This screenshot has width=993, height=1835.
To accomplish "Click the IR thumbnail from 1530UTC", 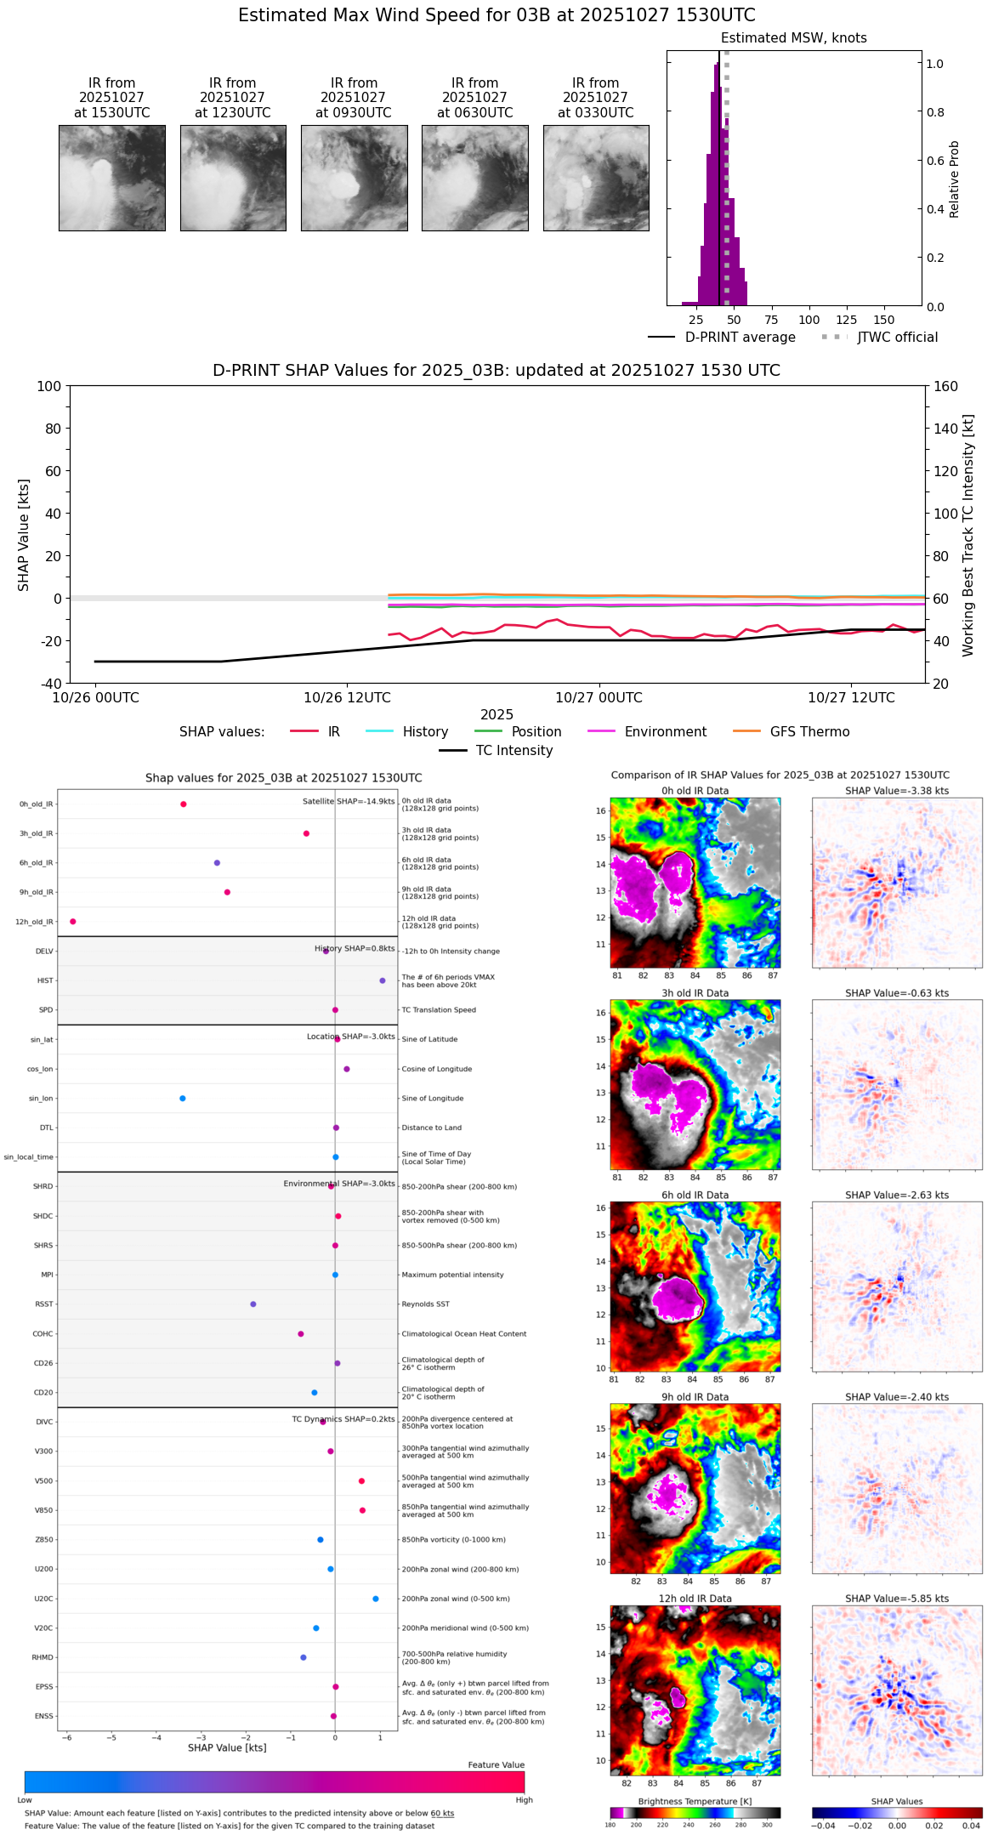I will pyautogui.click(x=112, y=178).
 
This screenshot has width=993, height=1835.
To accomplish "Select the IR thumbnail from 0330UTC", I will pyautogui.click(x=596, y=178).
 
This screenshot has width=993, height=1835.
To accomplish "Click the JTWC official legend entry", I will pyautogui.click(x=897, y=338).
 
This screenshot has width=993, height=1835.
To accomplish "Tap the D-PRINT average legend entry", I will pyautogui.click(x=740, y=338).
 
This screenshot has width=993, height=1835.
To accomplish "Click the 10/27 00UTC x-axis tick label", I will pyautogui.click(x=599, y=698).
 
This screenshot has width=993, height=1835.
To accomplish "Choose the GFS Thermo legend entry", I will pyautogui.click(x=809, y=732).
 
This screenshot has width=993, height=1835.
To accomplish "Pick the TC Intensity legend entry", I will pyautogui.click(x=514, y=751).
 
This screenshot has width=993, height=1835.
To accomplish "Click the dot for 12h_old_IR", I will pyautogui.click(x=73, y=922).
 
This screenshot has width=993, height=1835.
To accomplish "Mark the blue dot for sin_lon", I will pyautogui.click(x=183, y=1099).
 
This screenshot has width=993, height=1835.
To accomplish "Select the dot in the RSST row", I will pyautogui.click(x=253, y=1304).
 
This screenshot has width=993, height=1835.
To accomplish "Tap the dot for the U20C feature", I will pyautogui.click(x=376, y=1599).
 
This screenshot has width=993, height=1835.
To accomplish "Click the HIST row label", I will pyautogui.click(x=45, y=980).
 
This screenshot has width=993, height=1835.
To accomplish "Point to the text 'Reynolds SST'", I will pyautogui.click(x=426, y=1304).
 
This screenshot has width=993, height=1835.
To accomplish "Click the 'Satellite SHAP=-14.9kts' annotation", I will pyautogui.click(x=349, y=802).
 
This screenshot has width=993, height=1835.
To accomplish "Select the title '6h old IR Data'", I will pyautogui.click(x=695, y=1195).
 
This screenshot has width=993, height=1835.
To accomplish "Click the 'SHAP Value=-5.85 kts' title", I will pyautogui.click(x=897, y=1599).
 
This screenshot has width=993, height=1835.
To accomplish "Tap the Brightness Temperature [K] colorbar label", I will pyautogui.click(x=695, y=1802).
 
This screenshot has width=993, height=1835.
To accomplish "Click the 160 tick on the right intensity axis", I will pyautogui.click(x=946, y=386).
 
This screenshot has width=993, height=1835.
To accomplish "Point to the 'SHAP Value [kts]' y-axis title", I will pyautogui.click(x=24, y=535).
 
